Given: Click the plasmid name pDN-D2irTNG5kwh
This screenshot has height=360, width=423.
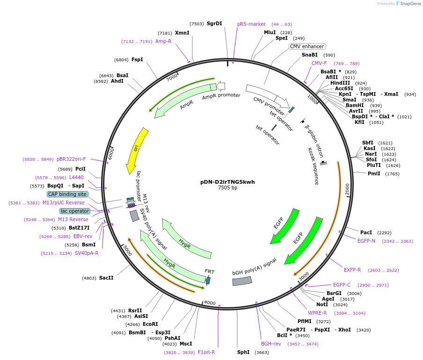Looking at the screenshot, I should coord(227,182).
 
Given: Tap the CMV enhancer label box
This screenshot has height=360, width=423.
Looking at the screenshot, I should coord(307,46).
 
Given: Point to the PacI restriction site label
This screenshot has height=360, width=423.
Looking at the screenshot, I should coord(366,232).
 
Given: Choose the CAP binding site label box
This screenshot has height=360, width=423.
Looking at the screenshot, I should coord(67,194).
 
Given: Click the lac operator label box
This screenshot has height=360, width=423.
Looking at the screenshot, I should coord(74,211).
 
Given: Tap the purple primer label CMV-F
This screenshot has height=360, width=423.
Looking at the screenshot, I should coord(319,63).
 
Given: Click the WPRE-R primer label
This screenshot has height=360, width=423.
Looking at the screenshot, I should coord(317,313).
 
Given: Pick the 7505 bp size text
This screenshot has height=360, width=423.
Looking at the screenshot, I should coord(227,188).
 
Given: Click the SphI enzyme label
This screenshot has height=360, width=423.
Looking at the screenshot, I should coord(243,352).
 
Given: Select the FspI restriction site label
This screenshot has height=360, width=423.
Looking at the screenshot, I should coord(137,59).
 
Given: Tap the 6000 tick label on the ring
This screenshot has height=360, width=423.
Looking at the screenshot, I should coord(111,153).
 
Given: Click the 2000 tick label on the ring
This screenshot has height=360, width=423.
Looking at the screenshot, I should coord(347,189).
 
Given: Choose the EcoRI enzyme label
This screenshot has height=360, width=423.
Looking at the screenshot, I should coord(150,324).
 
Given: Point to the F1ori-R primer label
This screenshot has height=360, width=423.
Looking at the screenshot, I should coord(206,352).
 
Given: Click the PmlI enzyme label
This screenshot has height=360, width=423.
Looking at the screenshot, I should coord(374,173).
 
